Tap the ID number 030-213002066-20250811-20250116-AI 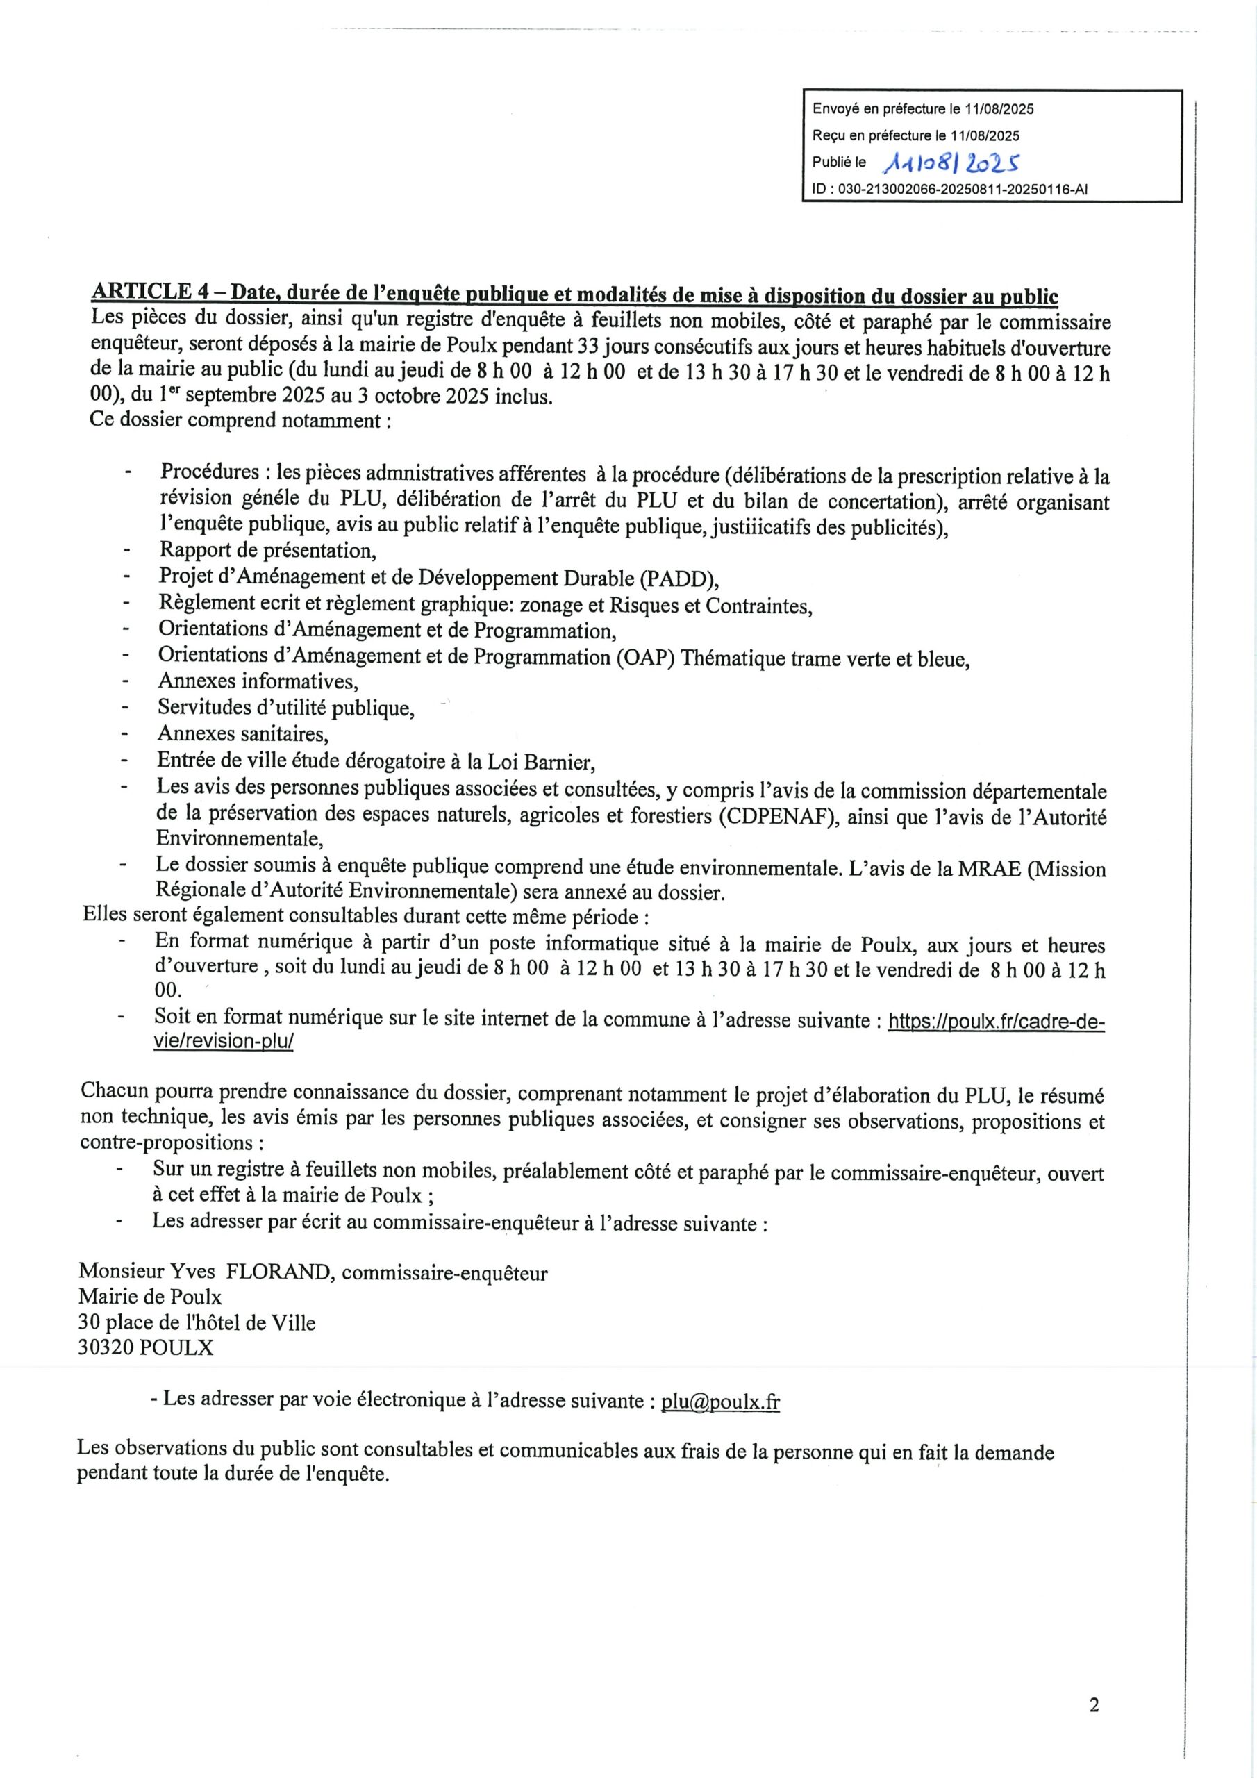[x=950, y=188]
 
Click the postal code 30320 [x=106, y=1347]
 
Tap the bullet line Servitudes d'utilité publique [x=286, y=708]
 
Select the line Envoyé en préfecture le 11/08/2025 [x=922, y=109]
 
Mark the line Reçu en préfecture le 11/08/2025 [x=915, y=135]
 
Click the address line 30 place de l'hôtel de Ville [x=197, y=1322]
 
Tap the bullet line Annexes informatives [x=258, y=681]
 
